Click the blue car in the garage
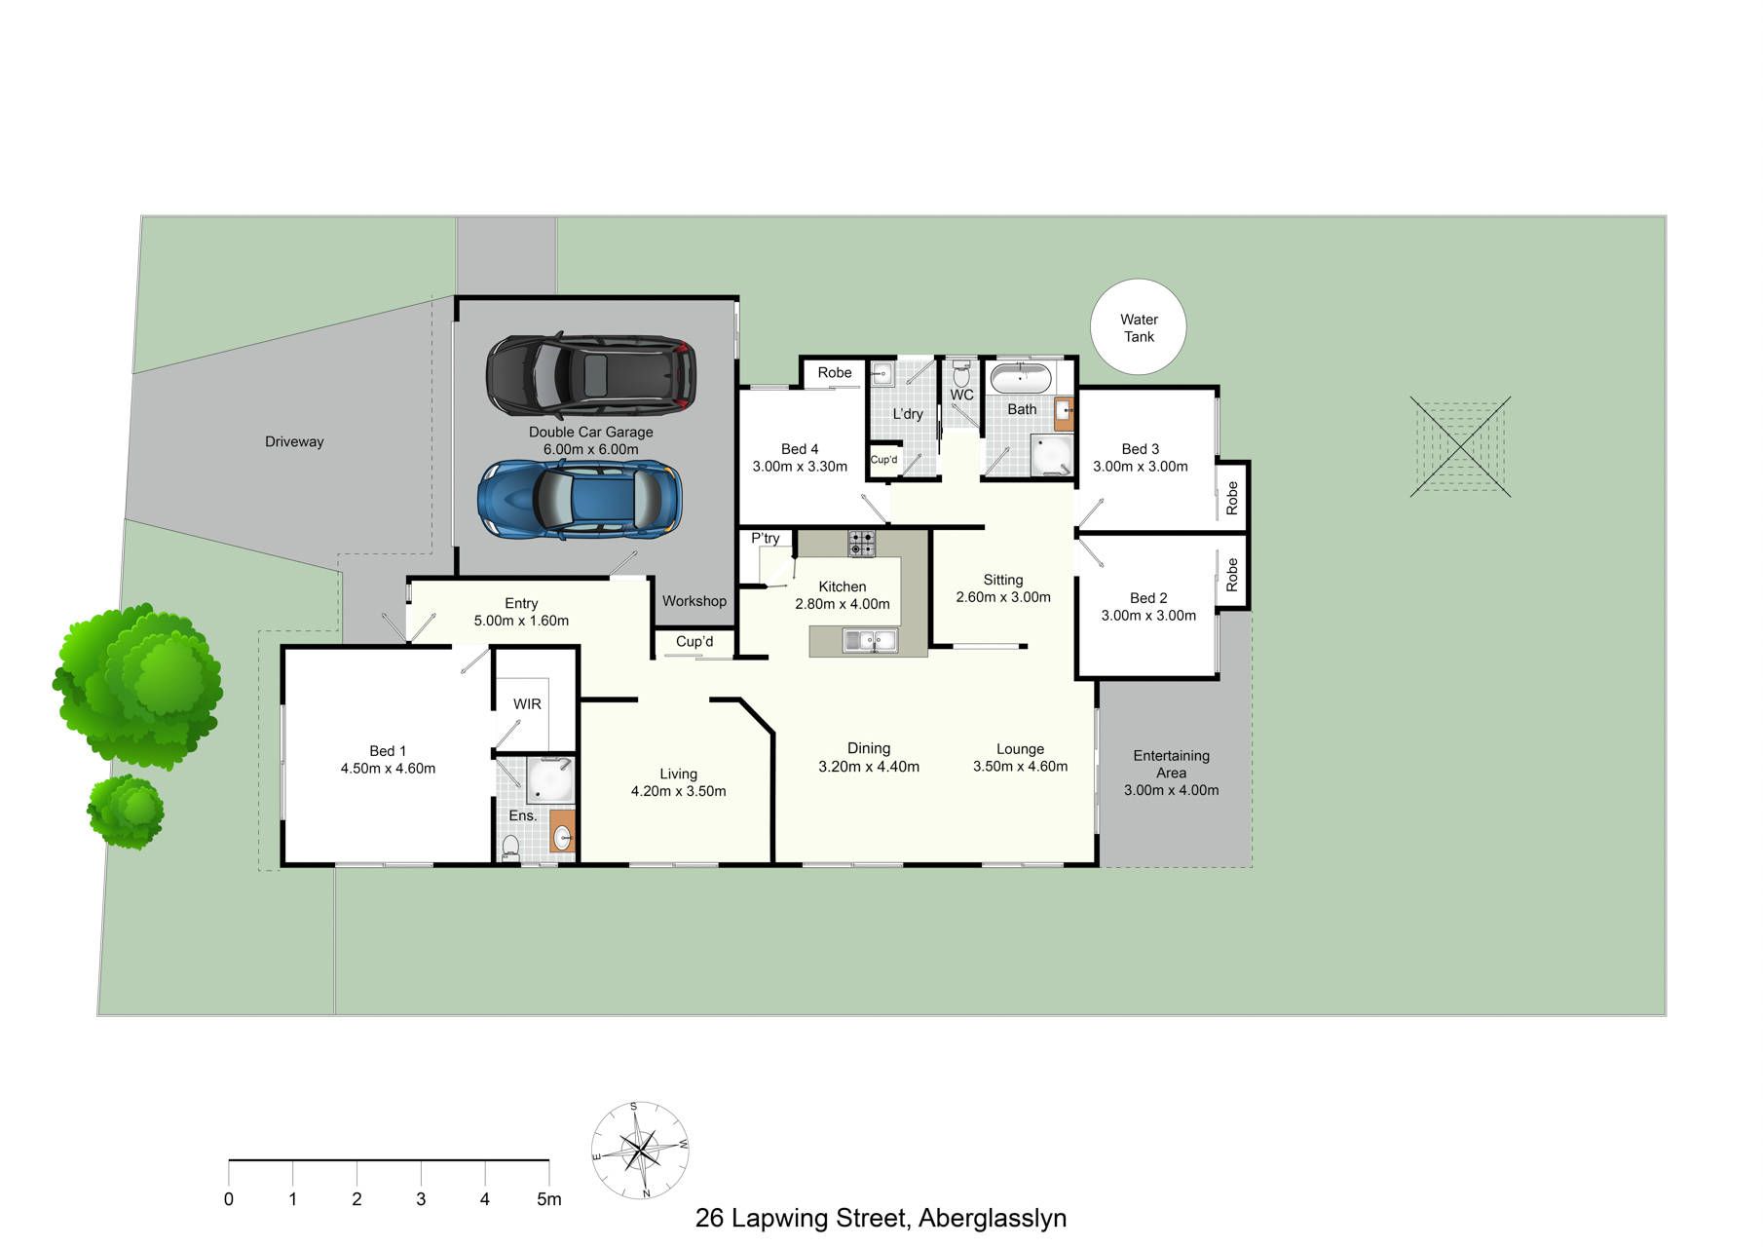pyautogui.click(x=580, y=500)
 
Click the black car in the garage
pyautogui.click(x=591, y=374)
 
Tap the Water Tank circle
pyautogui.click(x=1139, y=328)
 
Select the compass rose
pyautogui.click(x=640, y=1151)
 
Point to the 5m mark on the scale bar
pyautogui.click(x=549, y=1199)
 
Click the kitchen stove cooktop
pyautogui.click(x=861, y=544)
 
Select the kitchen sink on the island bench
pyautogui.click(x=871, y=641)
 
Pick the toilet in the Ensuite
pyautogui.click(x=510, y=848)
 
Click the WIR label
pyautogui.click(x=527, y=704)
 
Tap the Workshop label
pyautogui.click(x=694, y=601)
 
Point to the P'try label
pyautogui.click(x=766, y=539)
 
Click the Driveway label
pyautogui.click(x=294, y=442)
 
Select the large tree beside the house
pyautogui.click(x=137, y=686)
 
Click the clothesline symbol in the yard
pyautogui.click(x=1460, y=447)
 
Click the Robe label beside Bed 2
pyautogui.click(x=1232, y=575)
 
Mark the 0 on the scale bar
pyautogui.click(x=229, y=1199)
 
